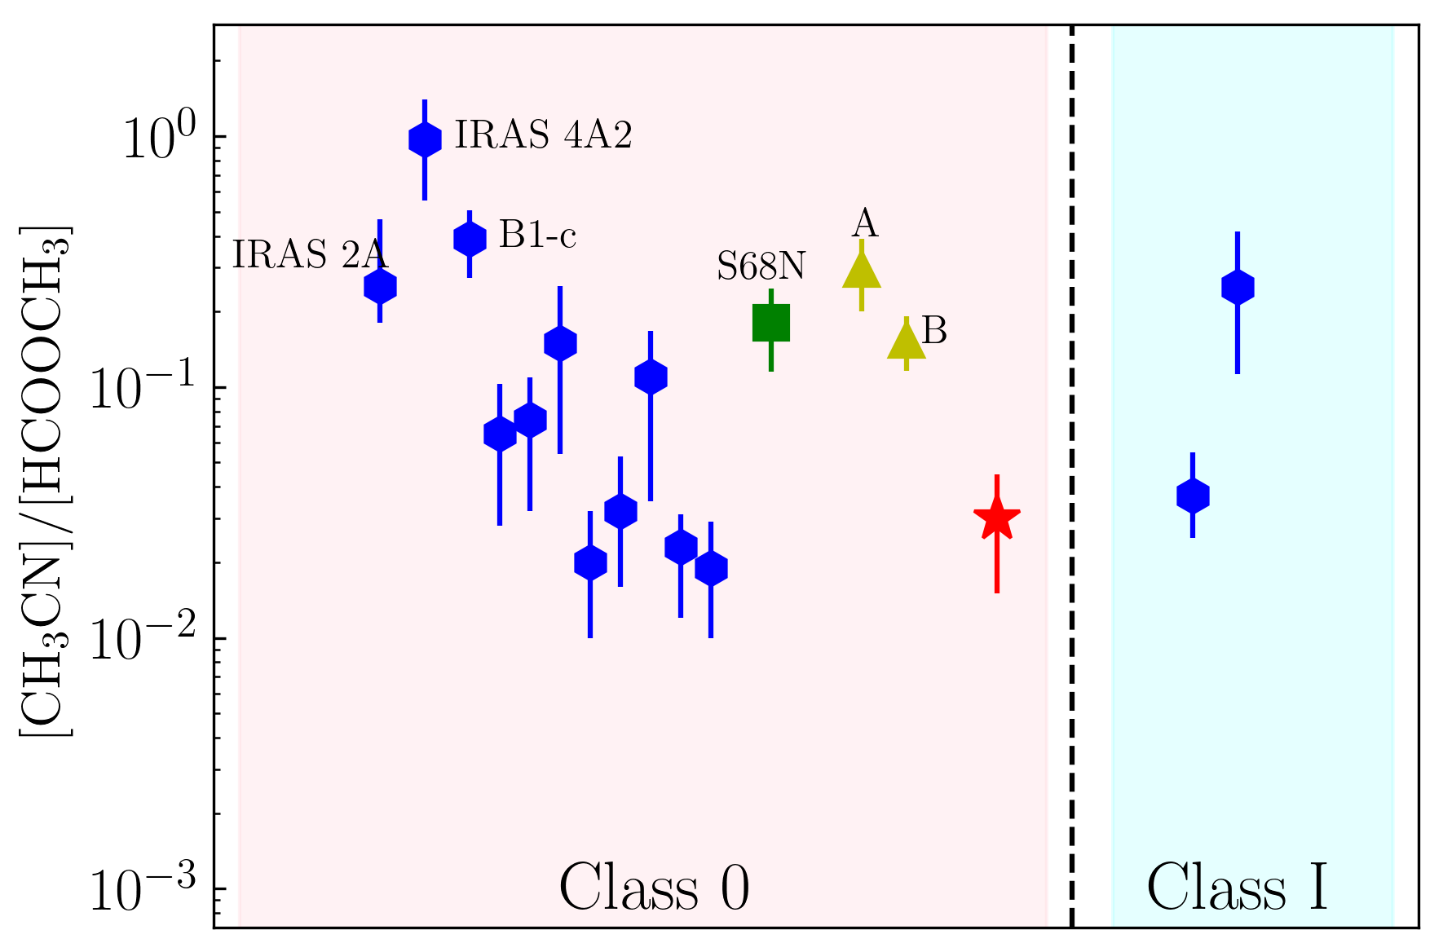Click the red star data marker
click(x=996, y=518)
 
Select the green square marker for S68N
click(x=770, y=323)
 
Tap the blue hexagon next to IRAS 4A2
click(x=425, y=139)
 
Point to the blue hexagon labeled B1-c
click(x=470, y=239)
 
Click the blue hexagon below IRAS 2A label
click(x=380, y=287)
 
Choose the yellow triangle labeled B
click(x=906, y=342)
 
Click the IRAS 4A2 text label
click(x=543, y=135)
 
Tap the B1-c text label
click(x=537, y=236)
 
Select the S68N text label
click(x=761, y=267)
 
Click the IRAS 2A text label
click(x=310, y=255)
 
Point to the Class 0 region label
click(x=654, y=888)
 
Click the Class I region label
click(x=1238, y=888)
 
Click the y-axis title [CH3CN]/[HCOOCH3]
click(x=46, y=481)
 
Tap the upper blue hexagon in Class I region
click(x=1238, y=288)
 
